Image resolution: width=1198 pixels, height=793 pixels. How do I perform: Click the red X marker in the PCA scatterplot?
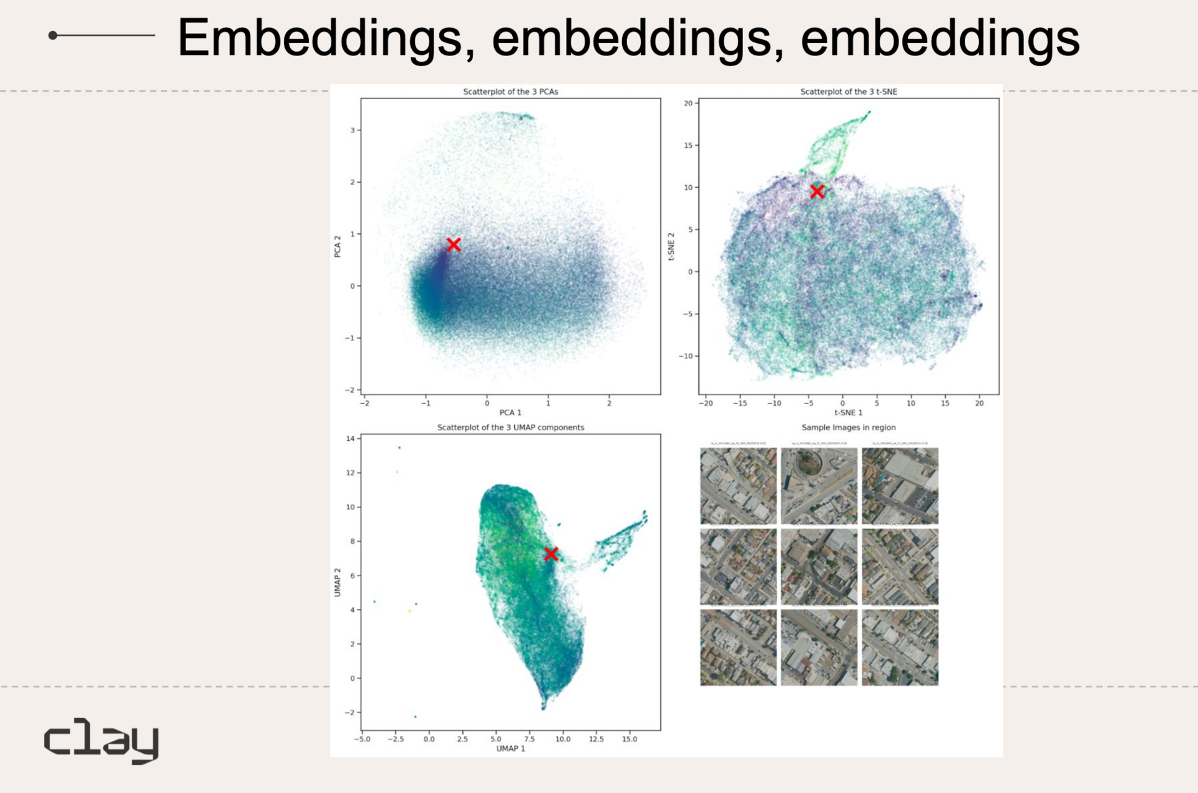454,244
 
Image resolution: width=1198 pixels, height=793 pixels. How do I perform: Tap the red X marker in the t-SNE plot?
817,191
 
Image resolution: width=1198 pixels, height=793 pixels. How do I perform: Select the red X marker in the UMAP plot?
551,554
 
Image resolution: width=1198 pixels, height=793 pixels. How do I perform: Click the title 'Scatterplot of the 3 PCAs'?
510,92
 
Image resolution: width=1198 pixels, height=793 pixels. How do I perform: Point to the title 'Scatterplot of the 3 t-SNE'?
849,92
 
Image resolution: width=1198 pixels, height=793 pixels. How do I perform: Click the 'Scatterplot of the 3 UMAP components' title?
510,428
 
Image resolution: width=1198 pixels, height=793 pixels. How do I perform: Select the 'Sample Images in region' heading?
849,428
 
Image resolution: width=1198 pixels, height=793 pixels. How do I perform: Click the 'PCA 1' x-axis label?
510,413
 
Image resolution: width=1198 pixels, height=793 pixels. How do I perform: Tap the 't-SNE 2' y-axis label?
671,246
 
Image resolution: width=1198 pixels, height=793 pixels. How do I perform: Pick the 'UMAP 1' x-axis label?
510,749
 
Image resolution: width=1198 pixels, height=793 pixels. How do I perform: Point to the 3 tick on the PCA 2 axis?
353,130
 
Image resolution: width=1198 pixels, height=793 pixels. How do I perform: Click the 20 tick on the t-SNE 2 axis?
688,103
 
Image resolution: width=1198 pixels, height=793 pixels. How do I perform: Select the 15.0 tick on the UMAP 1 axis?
630,739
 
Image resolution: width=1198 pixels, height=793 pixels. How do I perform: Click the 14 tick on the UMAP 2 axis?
351,439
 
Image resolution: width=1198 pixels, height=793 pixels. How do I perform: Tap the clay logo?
102,741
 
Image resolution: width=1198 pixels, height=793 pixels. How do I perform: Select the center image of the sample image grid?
819,567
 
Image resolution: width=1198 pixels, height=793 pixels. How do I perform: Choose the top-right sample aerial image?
900,486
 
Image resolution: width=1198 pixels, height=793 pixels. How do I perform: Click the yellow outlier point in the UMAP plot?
409,611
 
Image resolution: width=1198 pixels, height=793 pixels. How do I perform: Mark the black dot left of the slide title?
53,36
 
